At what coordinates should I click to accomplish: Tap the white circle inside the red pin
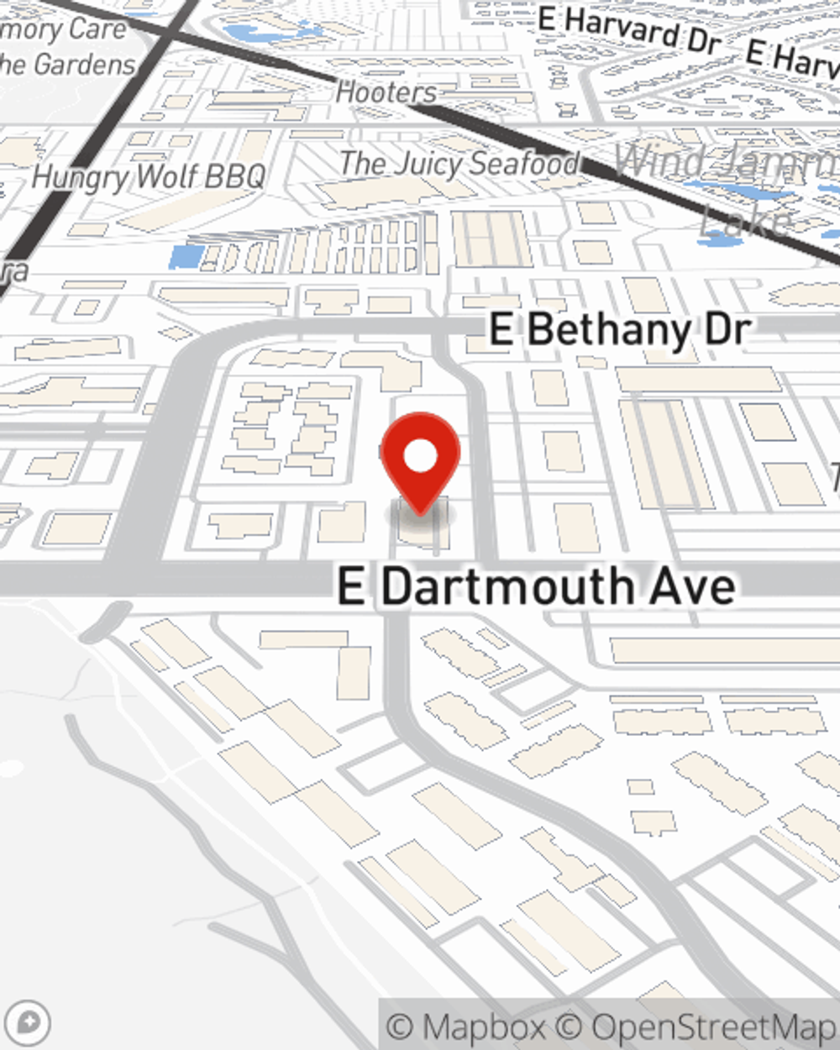420,456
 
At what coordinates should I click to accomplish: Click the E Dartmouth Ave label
536,586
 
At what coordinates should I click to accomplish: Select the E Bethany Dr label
619,329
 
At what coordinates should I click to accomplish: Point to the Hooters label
386,92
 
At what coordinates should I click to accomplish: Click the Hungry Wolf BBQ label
149,177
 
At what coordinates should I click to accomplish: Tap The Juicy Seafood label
459,164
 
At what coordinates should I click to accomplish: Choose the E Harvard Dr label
630,30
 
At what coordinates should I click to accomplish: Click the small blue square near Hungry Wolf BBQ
186,255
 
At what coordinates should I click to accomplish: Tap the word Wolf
167,177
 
